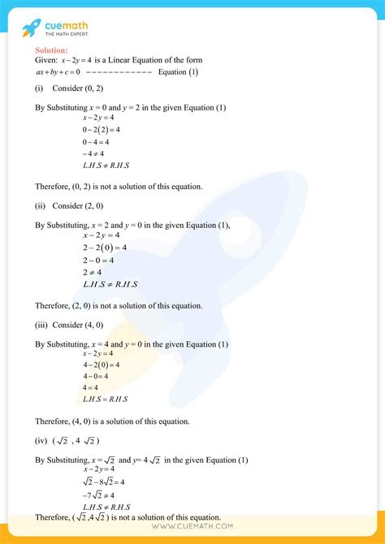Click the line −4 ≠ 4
pyautogui.click(x=93, y=153)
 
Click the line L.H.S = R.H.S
pyautogui.click(x=106, y=399)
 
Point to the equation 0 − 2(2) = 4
pyautogui.click(x=101, y=129)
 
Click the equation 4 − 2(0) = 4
pyautogui.click(x=101, y=365)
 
